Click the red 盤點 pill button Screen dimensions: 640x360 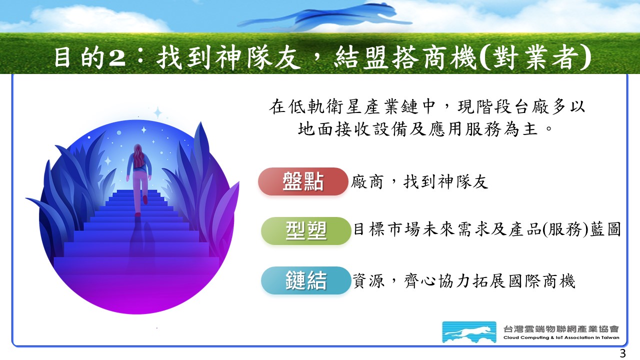pos(303,181)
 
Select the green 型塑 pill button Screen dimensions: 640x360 pos(306,231)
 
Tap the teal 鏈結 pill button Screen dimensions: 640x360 pos(306,280)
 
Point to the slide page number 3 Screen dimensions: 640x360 pos(622,353)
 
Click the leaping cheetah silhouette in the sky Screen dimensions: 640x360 pos(324,16)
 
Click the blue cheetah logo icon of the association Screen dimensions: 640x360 pos(469,332)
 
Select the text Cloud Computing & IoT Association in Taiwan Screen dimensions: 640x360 pos(561,337)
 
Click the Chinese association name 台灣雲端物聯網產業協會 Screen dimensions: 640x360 pos(561,329)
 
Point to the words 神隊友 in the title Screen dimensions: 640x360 pos(257,58)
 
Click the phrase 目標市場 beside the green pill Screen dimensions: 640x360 pos(387,229)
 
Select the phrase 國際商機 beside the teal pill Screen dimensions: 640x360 pos(541,281)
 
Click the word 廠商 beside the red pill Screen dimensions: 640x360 pos(367,182)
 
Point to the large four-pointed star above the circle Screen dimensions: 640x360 pos(157,113)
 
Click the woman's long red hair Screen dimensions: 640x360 pos(138,156)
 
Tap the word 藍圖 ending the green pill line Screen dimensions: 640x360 pos(605,229)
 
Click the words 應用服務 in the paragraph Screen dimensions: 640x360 pos(464,129)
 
